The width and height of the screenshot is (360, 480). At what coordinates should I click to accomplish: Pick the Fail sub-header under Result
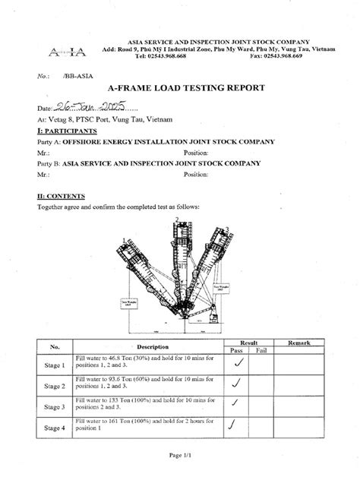coord(261,351)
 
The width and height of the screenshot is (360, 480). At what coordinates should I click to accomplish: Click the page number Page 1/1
coord(180,454)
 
